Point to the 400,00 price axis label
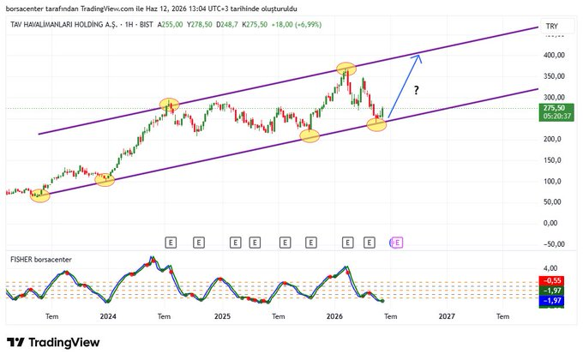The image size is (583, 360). coord(554,55)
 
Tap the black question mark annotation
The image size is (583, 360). coord(417,90)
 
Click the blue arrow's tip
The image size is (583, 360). coord(419,55)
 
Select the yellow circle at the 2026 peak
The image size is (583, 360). coord(346,69)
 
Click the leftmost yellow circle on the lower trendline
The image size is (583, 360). coord(39,195)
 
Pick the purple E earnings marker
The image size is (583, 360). coord(397,243)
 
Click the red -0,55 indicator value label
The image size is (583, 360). coord(552,280)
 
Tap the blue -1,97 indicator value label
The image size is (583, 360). coord(552,301)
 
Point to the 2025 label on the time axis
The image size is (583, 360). coord(222,316)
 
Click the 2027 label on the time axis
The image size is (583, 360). coord(447,316)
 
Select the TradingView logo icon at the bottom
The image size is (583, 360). coord(15,342)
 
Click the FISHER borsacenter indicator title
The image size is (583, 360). coord(41,260)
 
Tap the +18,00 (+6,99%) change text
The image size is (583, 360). coord(297,25)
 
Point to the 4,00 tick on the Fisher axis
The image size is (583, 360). coord(550,268)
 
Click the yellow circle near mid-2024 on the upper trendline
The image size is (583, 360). coord(169,105)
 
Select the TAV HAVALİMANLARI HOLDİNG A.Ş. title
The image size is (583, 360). coord(63,25)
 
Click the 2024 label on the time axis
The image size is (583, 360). coord(108,316)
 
